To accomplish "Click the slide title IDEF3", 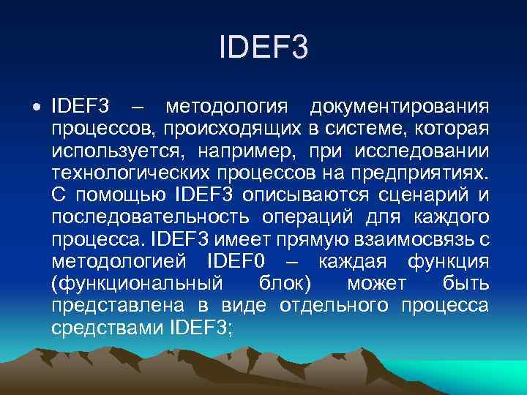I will pyautogui.click(x=263, y=48).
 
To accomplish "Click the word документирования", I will pyautogui.click(x=400, y=108).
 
